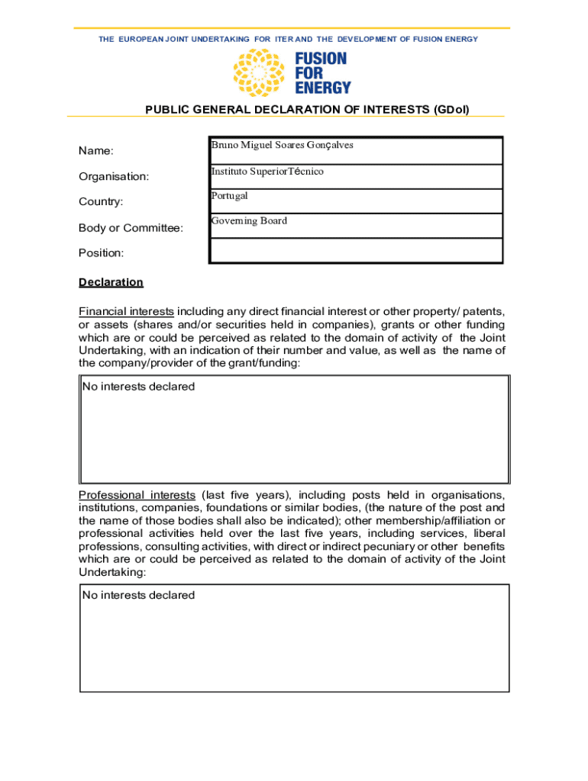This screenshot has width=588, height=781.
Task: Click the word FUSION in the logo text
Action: coord(321,59)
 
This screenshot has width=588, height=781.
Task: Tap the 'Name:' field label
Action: coord(96,151)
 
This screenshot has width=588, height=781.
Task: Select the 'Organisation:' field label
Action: coord(114,176)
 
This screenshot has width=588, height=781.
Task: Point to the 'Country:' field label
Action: coord(101,201)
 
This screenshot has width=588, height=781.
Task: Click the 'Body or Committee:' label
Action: coord(131,227)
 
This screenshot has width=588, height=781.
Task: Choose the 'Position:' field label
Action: coord(101,252)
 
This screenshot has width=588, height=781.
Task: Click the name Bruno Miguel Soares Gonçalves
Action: coord(282,145)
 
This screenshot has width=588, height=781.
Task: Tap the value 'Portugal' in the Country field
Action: coord(229,196)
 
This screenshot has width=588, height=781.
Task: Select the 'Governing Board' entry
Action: coord(249,221)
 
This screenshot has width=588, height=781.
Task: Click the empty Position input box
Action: coord(356,251)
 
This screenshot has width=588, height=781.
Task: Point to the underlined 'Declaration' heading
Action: coord(111,282)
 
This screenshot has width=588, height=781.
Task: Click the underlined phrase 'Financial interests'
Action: coord(126,311)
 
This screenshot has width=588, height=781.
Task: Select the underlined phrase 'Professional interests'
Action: coord(137,495)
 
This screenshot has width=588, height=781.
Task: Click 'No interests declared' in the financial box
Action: coord(138,387)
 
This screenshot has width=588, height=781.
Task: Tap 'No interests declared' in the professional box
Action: coord(138,595)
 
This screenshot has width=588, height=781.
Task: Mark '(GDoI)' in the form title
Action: coord(451,110)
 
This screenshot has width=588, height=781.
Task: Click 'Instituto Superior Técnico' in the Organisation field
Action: coord(267,172)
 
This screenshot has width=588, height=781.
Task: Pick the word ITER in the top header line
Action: coord(283,39)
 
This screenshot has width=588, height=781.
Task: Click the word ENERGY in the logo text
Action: coord(323,87)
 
